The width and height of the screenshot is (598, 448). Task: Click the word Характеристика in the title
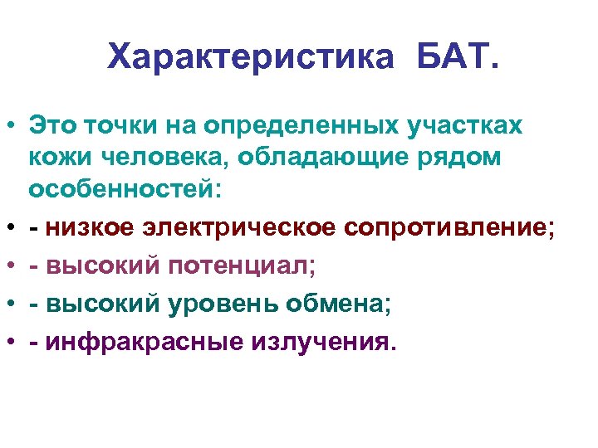click(x=249, y=58)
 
